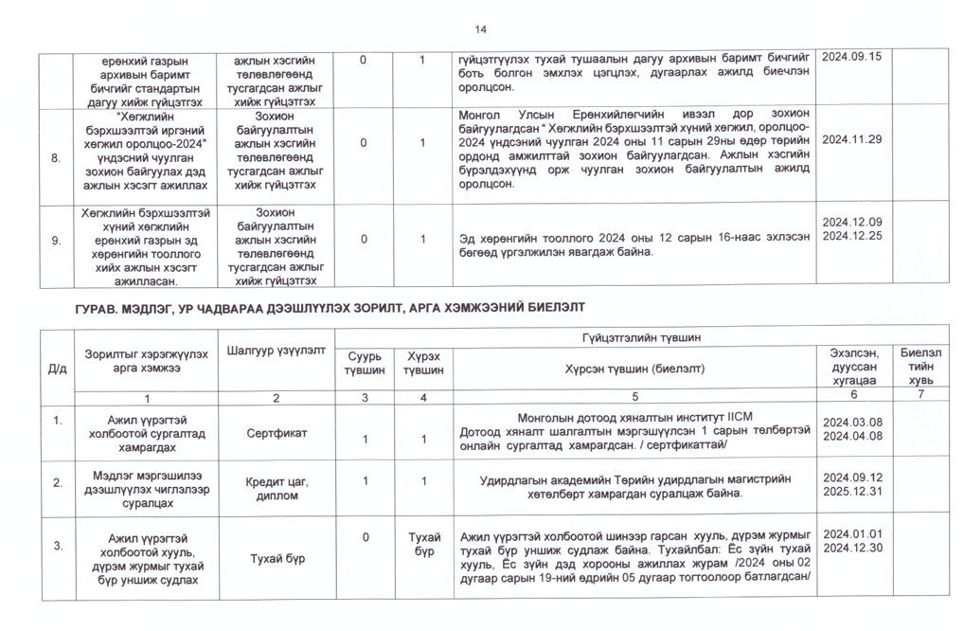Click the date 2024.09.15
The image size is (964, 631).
(x=851, y=57)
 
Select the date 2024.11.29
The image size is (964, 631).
(x=851, y=139)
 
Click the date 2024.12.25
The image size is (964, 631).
(x=851, y=236)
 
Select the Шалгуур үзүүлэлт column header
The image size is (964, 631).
(x=276, y=351)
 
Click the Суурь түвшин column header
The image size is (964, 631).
(x=365, y=363)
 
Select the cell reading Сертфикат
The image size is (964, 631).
(x=276, y=434)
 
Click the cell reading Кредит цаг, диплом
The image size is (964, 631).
(x=276, y=489)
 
